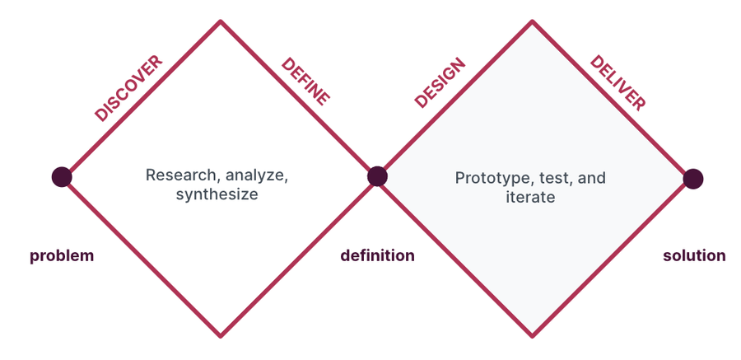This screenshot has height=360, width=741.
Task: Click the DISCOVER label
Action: tap(128, 88)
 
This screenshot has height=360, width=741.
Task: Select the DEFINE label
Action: tap(305, 82)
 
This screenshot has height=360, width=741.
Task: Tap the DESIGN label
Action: tap(440, 83)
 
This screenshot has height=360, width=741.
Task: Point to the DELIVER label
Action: tap(617, 83)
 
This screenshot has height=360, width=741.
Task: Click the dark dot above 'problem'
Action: tap(62, 177)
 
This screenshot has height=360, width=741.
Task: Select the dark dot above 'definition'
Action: tap(378, 176)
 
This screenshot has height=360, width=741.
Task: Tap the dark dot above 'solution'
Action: tap(692, 179)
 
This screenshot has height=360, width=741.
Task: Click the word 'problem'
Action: tap(62, 256)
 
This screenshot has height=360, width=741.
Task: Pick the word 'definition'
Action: tap(378, 255)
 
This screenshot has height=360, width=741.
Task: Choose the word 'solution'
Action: tap(694, 255)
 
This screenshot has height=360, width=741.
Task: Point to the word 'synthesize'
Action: tap(217, 194)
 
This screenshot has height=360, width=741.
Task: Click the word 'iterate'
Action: tap(530, 197)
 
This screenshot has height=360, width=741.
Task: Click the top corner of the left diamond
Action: tap(220, 21)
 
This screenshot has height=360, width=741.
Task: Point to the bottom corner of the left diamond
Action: tap(220, 336)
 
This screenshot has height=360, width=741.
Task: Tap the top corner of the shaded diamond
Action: tap(532, 21)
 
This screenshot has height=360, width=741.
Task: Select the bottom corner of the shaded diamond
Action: tap(532, 336)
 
